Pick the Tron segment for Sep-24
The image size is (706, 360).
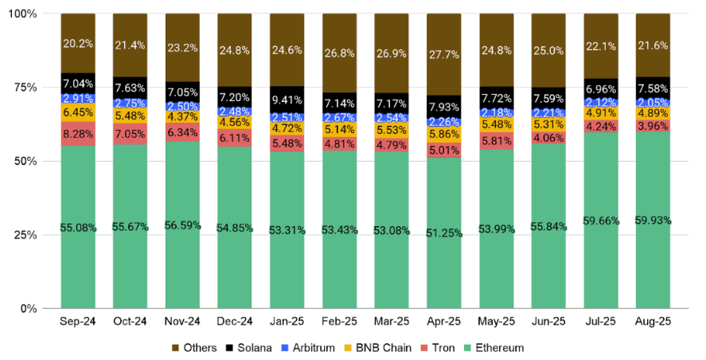point(78,134)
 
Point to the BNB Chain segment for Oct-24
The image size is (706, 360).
point(131,115)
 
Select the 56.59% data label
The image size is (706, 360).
point(183,226)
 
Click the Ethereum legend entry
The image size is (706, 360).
point(495,348)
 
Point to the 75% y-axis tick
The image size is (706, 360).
point(34,88)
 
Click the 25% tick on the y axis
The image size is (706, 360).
point(34,235)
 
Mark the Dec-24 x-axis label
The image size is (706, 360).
point(235,322)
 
